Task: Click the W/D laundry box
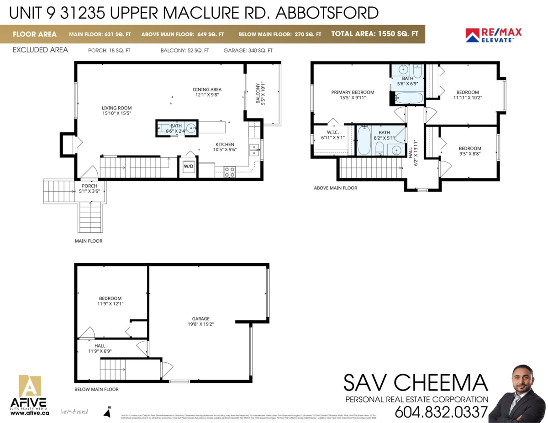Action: pyautogui.click(x=188, y=166)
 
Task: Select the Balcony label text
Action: pyautogui.click(x=260, y=93)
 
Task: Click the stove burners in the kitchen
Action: pyautogui.click(x=230, y=172)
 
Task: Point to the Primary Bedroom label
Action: pyautogui.click(x=353, y=95)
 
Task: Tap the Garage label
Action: pyautogui.click(x=200, y=321)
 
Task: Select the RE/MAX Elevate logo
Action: pyautogui.click(x=493, y=35)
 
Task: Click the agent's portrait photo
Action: pyautogui.click(x=517, y=394)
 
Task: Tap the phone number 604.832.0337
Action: pyautogui.click(x=441, y=412)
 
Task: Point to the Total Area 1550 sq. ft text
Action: pyautogui.click(x=374, y=34)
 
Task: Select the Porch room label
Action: pyautogui.click(x=89, y=188)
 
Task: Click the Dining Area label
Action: pyautogui.click(x=207, y=92)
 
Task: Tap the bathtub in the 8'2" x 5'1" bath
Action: pyautogui.click(x=364, y=141)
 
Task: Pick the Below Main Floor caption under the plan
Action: pyautogui.click(x=96, y=389)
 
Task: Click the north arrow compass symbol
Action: pyautogui.click(x=108, y=412)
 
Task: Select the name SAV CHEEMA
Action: pyautogui.click(x=415, y=383)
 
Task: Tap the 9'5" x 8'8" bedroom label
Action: pyautogui.click(x=469, y=151)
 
